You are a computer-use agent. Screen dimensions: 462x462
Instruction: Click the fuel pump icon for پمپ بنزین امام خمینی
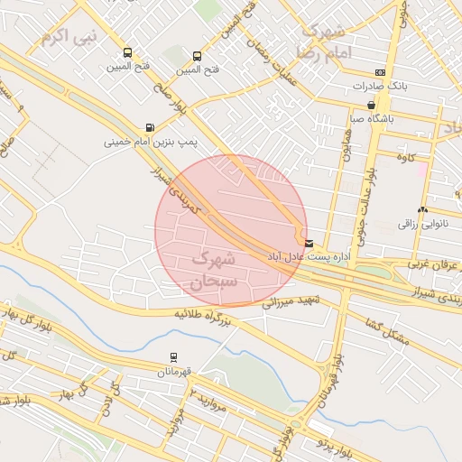[x=149, y=128]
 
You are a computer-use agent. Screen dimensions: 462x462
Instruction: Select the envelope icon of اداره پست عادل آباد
[x=310, y=244]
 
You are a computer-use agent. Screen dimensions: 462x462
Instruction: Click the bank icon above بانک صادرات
[x=380, y=73]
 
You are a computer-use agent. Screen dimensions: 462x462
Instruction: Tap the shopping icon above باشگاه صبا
[x=371, y=106]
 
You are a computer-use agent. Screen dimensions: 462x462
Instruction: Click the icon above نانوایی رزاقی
[x=422, y=208]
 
